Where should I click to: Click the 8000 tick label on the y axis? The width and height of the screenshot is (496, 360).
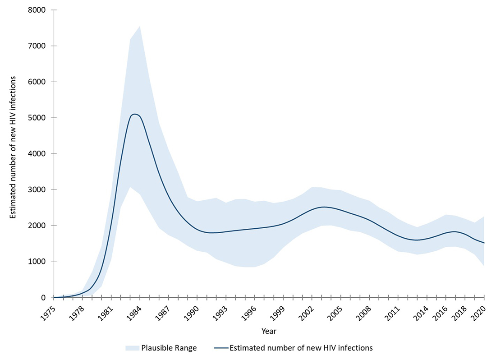pos(38,10)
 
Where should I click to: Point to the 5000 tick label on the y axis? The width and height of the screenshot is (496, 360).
pos(38,118)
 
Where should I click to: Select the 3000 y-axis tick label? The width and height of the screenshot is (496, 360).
pos(38,190)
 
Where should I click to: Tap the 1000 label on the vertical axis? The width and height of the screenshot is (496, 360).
pos(38,262)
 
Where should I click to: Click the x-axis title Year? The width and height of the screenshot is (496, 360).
pos(269,332)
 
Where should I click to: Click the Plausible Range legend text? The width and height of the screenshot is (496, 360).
pos(169,348)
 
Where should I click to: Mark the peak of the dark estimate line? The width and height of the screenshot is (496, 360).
pos(135,114)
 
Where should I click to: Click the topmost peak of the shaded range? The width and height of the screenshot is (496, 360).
pos(140,26)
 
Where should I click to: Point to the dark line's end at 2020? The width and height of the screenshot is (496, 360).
pos(484,243)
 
